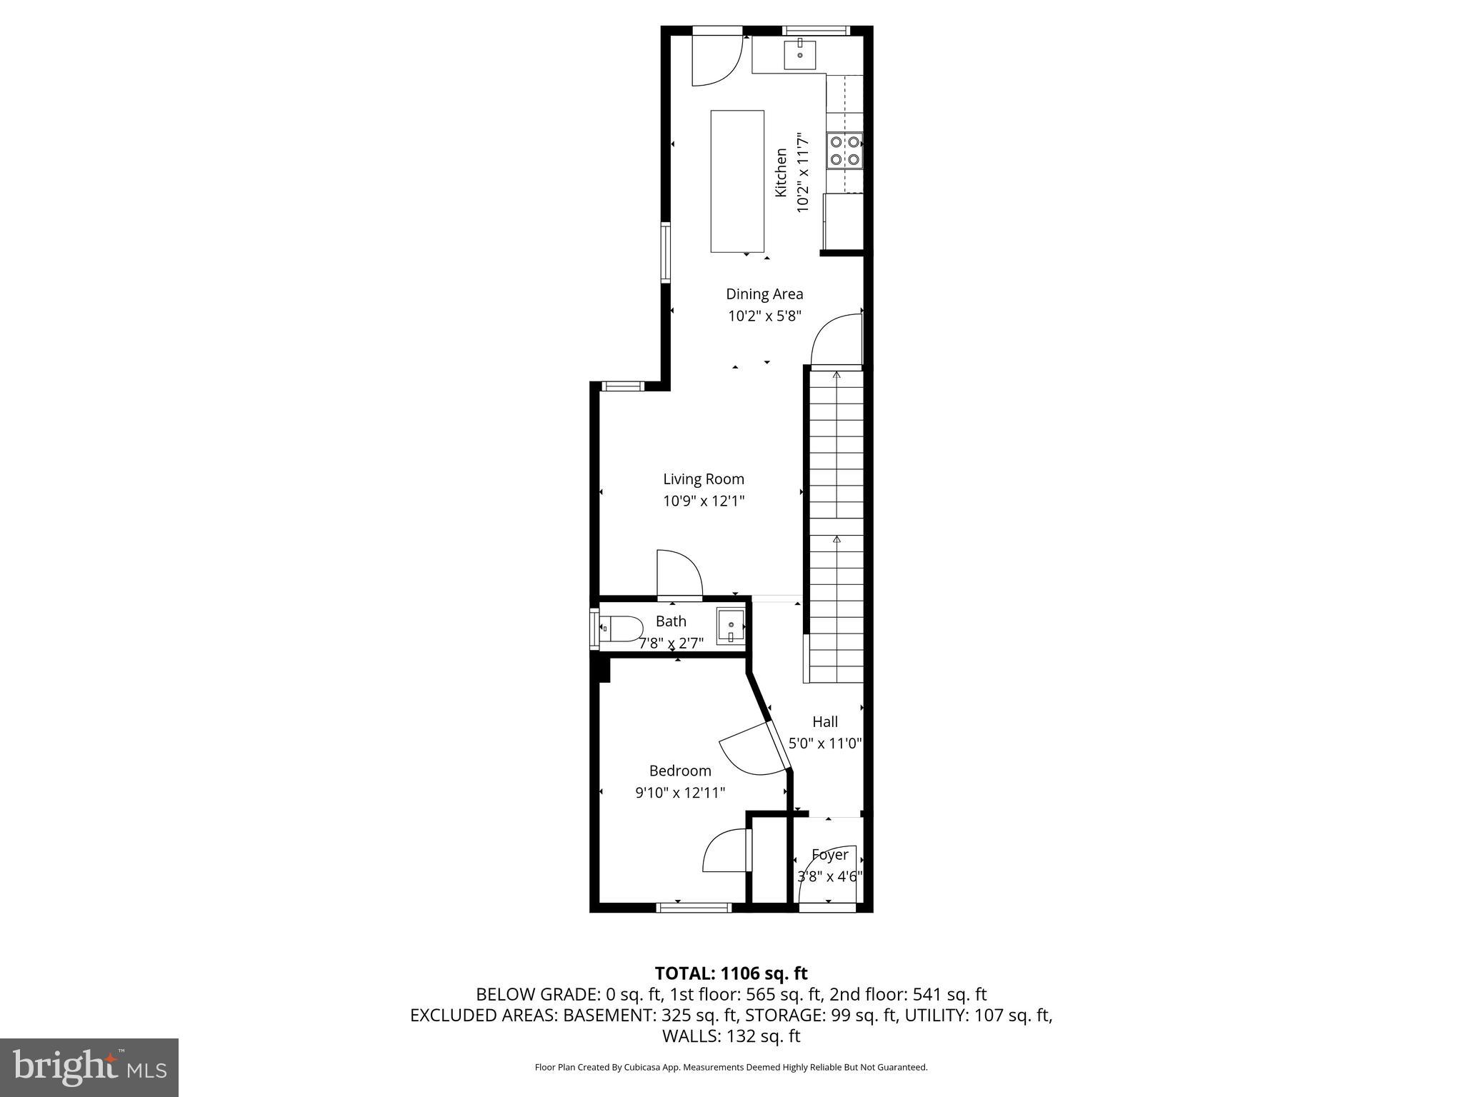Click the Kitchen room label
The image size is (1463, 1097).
[x=781, y=172]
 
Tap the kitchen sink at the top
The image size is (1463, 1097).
[x=800, y=54]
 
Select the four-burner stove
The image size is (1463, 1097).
[x=844, y=151]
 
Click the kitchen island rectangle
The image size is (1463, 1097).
[x=737, y=181]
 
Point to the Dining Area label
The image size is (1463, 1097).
[x=764, y=294]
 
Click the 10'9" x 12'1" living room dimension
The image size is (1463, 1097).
[x=704, y=501]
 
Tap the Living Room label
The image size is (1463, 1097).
[x=704, y=479]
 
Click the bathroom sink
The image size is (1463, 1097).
[x=731, y=627]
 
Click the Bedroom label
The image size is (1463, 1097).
[x=680, y=771]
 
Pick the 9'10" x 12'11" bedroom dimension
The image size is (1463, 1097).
[x=680, y=793]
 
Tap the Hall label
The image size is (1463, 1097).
[x=825, y=722]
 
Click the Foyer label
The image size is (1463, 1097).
[x=830, y=855]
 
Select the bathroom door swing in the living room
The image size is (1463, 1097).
[x=679, y=573]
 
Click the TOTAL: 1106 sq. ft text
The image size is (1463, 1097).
[x=731, y=973]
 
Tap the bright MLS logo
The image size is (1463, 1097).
[x=89, y=1067]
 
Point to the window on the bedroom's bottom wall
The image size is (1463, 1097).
[x=694, y=908]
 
